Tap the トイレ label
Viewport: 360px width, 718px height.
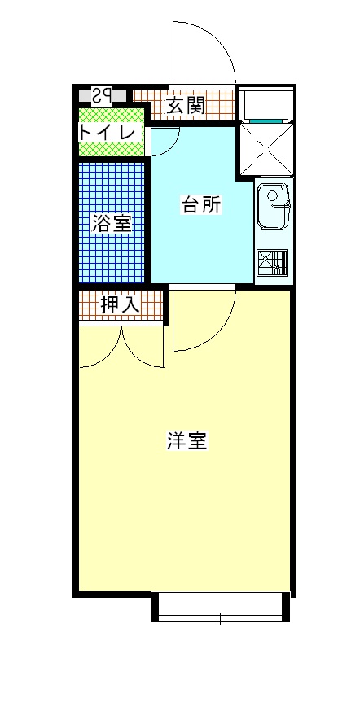(108, 133)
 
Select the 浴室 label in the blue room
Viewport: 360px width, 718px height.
(112, 223)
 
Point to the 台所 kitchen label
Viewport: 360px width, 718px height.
(201, 204)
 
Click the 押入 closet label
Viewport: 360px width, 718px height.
(120, 305)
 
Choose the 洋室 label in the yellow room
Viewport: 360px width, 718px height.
(188, 440)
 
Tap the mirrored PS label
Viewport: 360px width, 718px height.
(102, 96)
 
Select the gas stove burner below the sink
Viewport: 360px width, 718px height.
(272, 263)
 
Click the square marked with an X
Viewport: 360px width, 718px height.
(266, 149)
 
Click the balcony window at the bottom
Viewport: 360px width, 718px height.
(220, 606)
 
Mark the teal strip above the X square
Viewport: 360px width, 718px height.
(266, 120)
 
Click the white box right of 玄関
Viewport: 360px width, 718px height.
(266, 104)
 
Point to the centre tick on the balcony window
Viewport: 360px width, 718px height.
(220, 619)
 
